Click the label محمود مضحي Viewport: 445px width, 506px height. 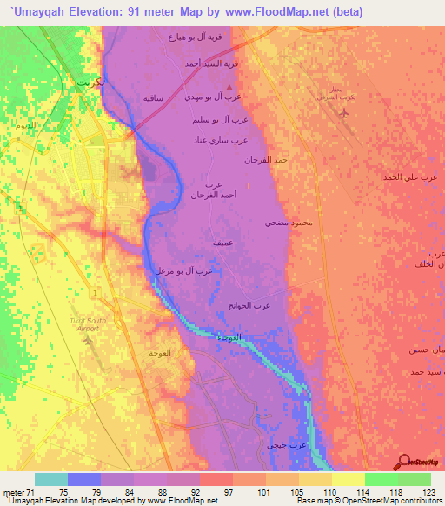tap(288, 223)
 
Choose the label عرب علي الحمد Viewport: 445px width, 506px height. tap(407, 176)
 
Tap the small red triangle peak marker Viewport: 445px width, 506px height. tap(229, 88)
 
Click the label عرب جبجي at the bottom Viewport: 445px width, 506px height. tap(286, 445)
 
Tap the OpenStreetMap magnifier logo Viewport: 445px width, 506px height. tap(405, 462)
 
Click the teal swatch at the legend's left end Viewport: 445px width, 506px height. tap(51, 479)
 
